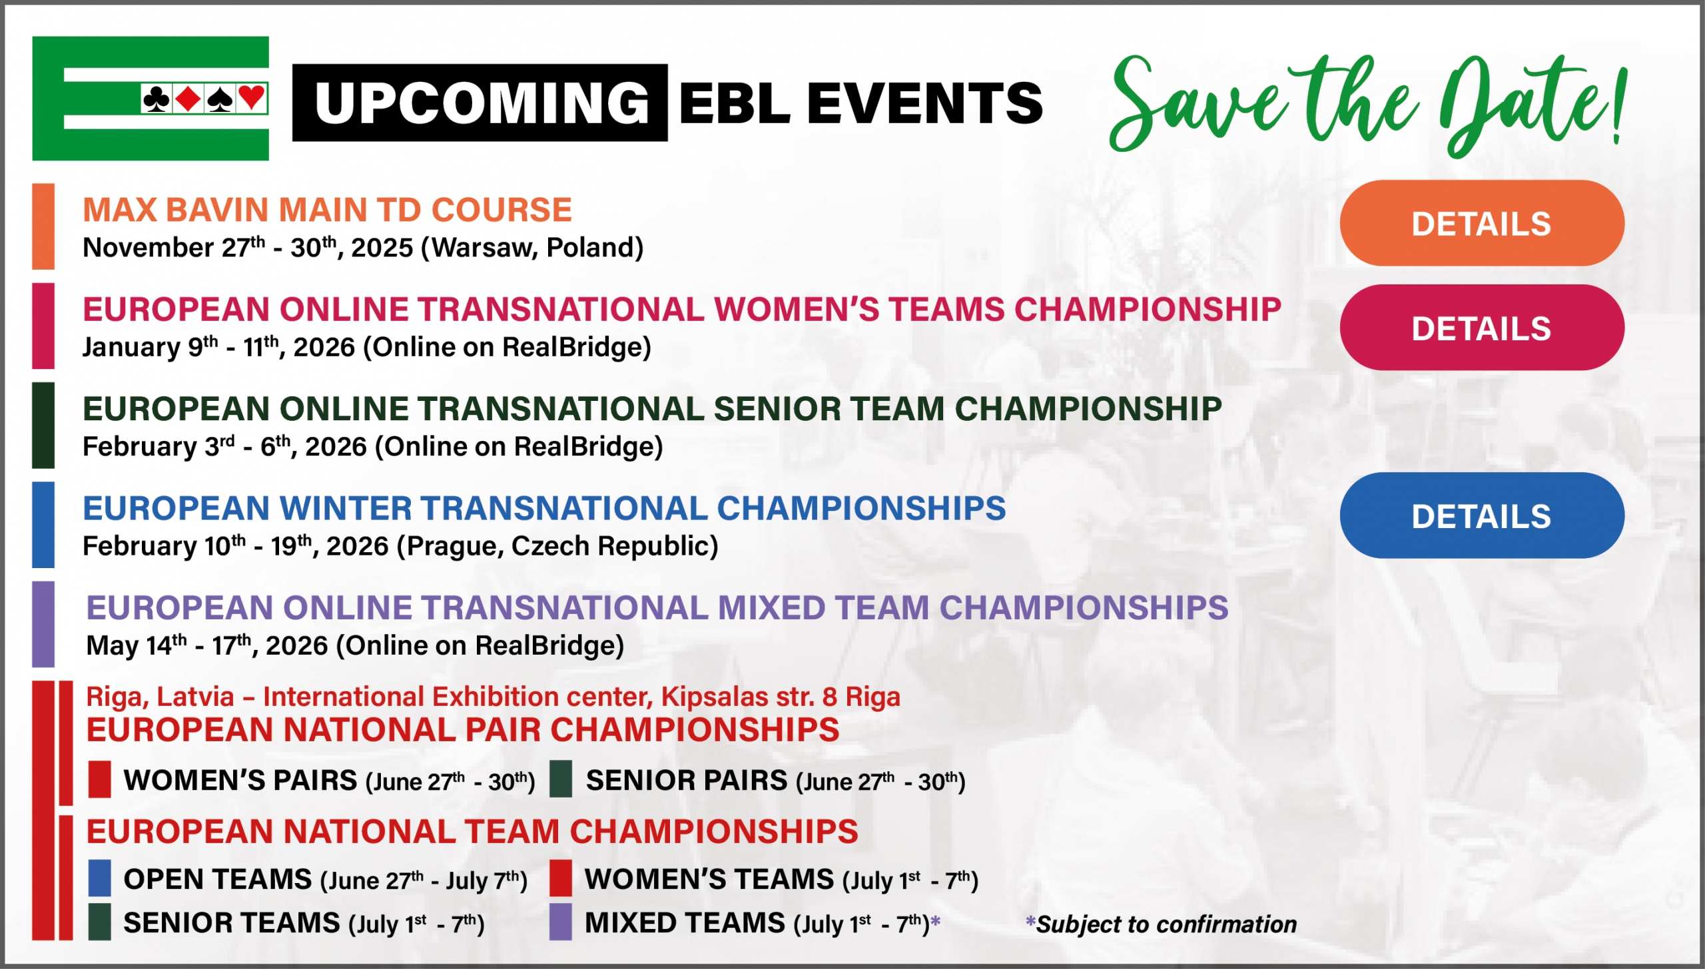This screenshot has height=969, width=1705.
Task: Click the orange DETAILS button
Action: [x=1481, y=223]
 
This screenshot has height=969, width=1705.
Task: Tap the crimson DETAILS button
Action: [x=1481, y=328]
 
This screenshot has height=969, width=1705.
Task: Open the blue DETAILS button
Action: [x=1481, y=515]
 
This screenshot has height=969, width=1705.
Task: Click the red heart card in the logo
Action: [x=252, y=99]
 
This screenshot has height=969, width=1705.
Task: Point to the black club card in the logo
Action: [x=157, y=99]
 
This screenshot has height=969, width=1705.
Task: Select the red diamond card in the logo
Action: [x=188, y=99]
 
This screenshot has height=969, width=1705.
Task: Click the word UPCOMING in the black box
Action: [x=482, y=103]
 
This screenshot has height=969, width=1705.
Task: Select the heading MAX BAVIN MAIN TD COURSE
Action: [x=327, y=210]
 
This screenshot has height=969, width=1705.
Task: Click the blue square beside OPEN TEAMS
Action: [x=100, y=878]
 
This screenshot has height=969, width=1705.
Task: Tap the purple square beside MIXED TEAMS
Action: [x=561, y=922]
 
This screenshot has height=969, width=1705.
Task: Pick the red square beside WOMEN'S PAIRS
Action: [x=100, y=779]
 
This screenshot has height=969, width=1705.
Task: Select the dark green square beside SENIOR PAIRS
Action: [x=561, y=779]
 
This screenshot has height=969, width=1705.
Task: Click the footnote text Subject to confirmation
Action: [x=1166, y=924]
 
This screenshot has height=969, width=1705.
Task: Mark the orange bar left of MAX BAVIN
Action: [x=43, y=226]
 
